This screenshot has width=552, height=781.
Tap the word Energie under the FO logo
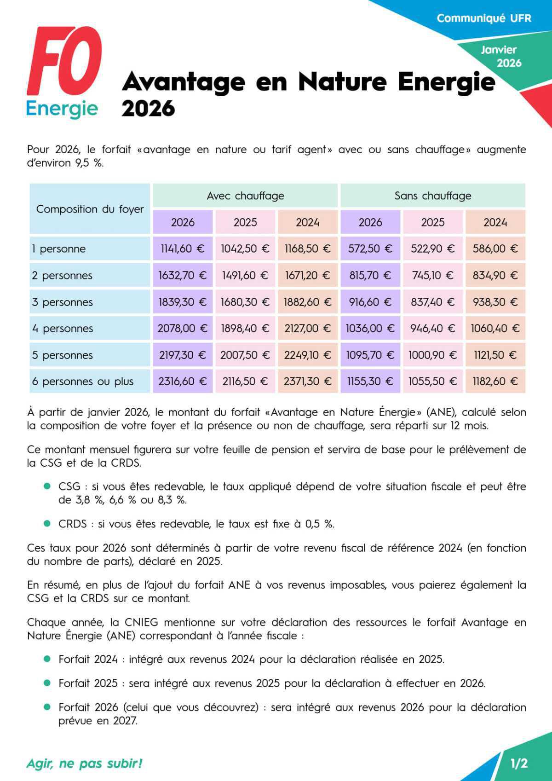62,109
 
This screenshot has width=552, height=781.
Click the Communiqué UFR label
483,18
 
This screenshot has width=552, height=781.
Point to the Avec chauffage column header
245,196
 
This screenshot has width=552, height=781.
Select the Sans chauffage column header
432,196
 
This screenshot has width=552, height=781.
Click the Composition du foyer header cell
90,209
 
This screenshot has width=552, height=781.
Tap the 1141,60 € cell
183,249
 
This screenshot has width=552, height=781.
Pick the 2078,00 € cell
183,329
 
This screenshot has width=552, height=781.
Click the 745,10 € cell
432,276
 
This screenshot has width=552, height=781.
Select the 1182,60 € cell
495,382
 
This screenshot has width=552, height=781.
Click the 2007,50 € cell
245,355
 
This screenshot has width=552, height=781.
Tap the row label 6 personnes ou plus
83,382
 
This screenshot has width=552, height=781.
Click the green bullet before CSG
47,486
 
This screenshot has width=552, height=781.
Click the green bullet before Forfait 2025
47,683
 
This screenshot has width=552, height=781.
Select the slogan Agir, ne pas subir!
85,764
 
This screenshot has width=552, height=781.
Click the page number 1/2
519,764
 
